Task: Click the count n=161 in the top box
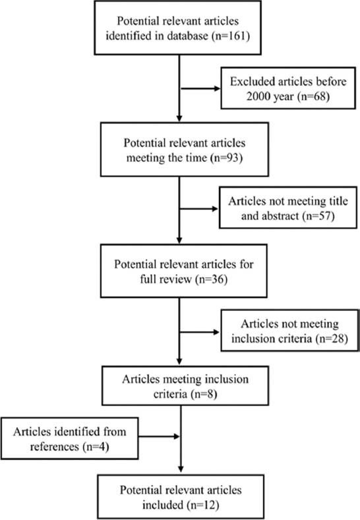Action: coord(231,36)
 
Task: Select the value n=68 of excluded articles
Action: coord(314,96)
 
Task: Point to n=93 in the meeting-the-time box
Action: coord(226,158)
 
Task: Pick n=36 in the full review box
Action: coord(212,279)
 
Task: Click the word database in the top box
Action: coord(187,36)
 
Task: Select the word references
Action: coord(55,447)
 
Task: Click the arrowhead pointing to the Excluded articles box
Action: coord(218,88)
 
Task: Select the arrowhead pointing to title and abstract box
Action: coord(215,209)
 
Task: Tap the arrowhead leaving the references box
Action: coord(176,436)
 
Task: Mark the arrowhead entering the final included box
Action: coord(181,469)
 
